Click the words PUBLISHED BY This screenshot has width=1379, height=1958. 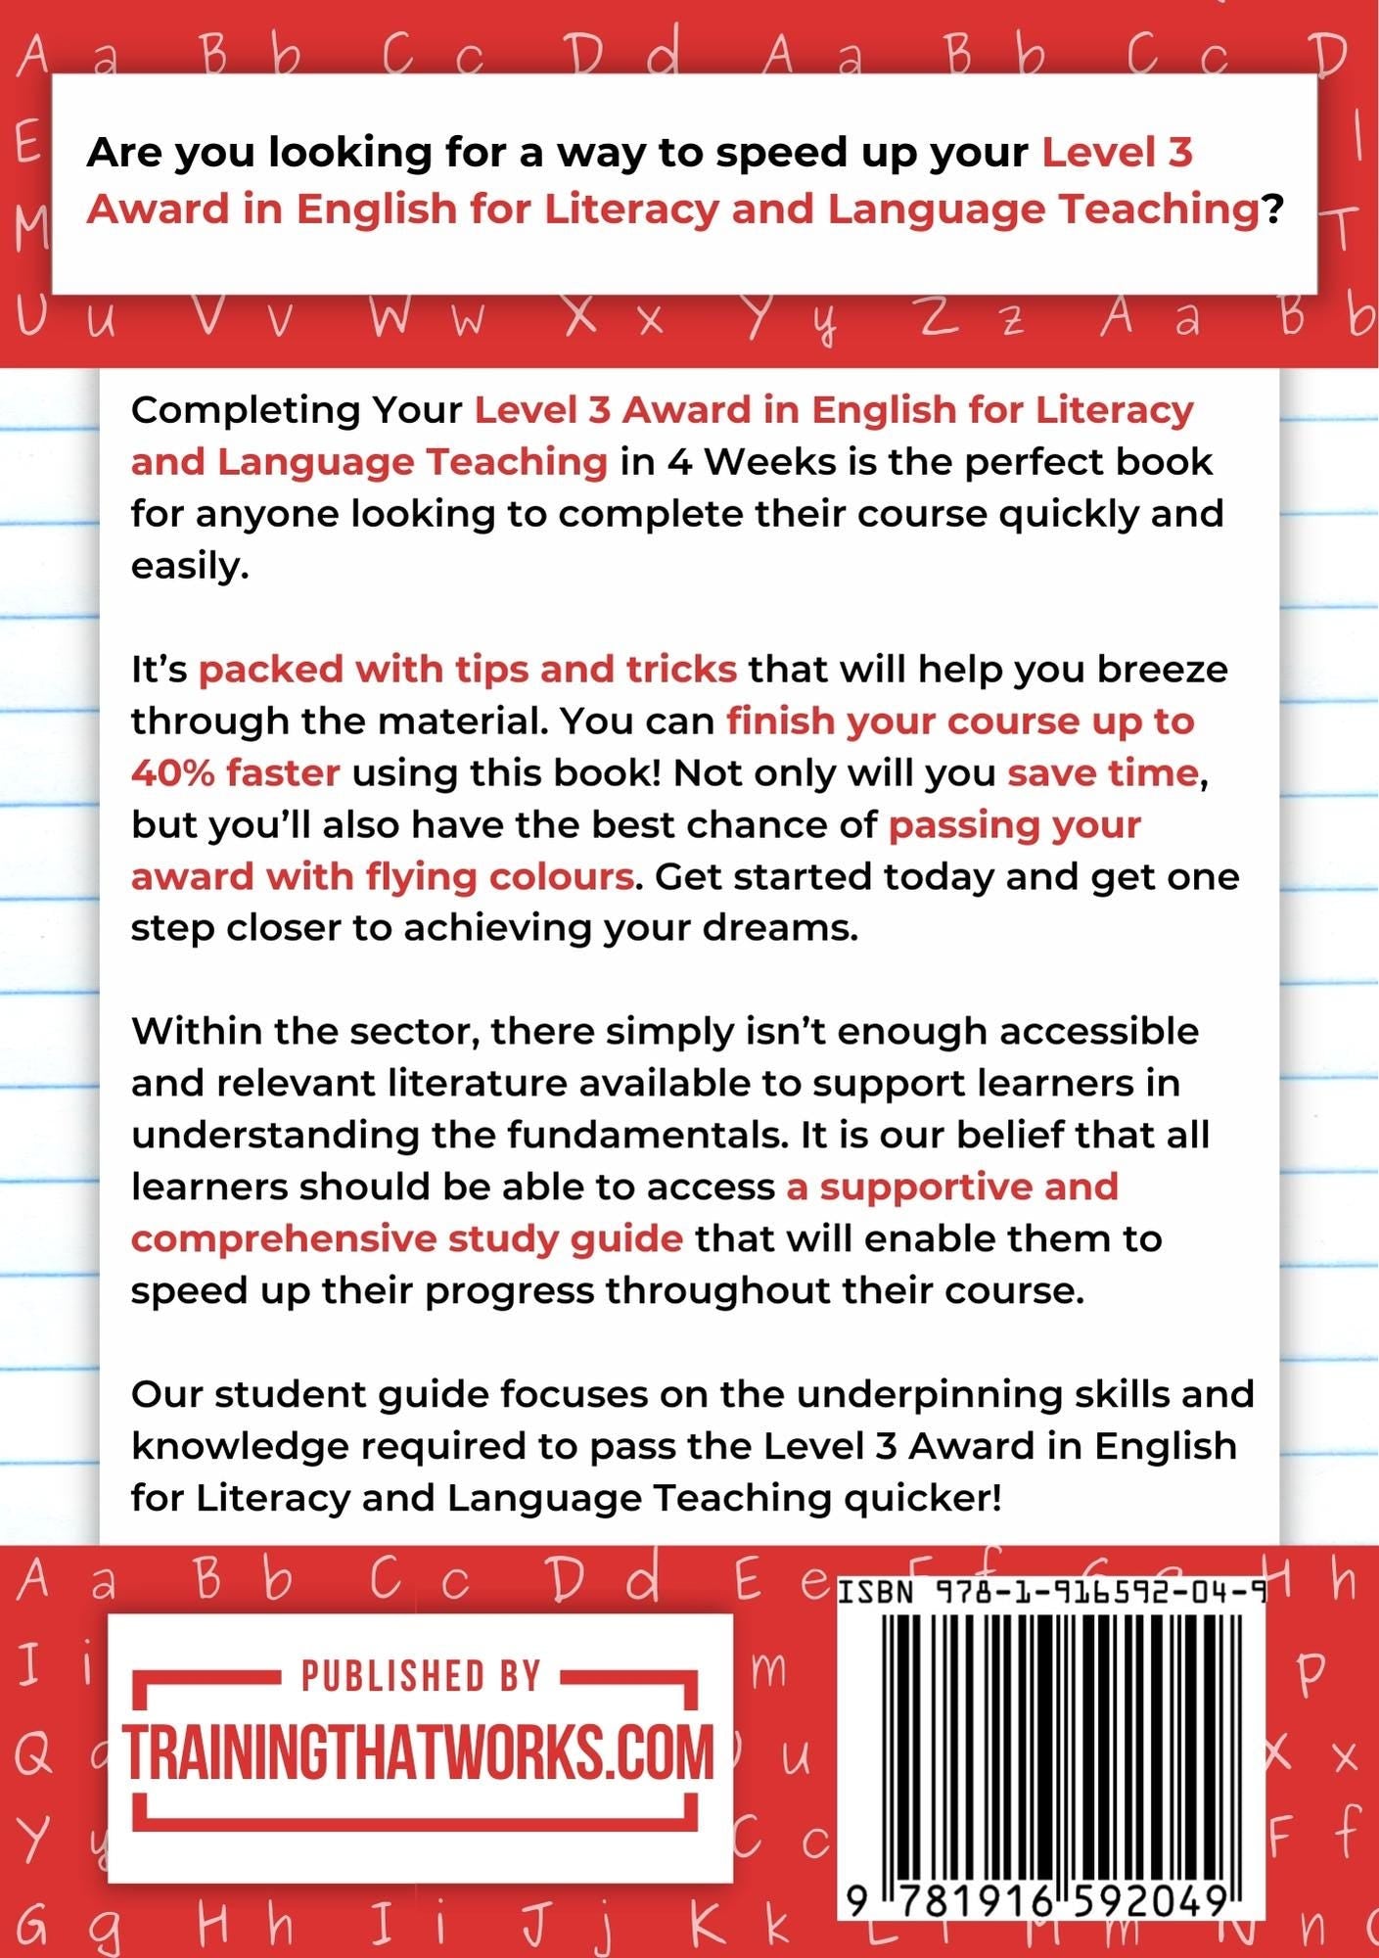[421, 1676]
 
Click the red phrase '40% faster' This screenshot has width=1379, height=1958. [236, 772]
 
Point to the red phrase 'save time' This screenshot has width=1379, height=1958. [1103, 772]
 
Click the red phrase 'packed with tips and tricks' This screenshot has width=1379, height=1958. [468, 669]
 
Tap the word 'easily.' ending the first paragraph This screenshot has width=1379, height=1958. [190, 566]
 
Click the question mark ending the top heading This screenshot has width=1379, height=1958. [1272, 210]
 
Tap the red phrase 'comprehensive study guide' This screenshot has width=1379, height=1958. [407, 1238]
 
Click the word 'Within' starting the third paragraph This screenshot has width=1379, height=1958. [196, 1031]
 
